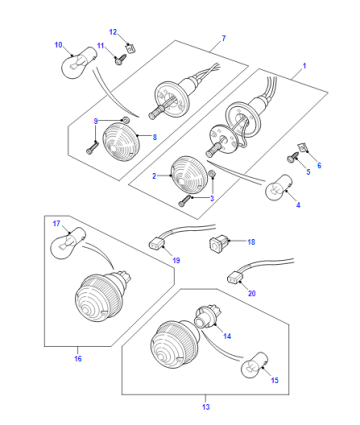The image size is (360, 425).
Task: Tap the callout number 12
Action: [113, 32]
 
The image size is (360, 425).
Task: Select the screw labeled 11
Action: [121, 59]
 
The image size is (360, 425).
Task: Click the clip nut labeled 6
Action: [302, 147]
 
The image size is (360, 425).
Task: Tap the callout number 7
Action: [224, 38]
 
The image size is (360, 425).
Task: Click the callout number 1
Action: [304, 66]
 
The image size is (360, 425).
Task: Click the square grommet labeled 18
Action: [218, 243]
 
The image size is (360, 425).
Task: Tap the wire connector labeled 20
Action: [235, 277]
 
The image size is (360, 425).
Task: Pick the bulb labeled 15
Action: [255, 366]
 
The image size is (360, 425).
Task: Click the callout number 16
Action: [78, 359]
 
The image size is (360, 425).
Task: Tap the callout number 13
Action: [206, 407]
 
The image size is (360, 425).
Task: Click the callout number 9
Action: [96, 121]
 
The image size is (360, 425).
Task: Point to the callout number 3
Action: [212, 198]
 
